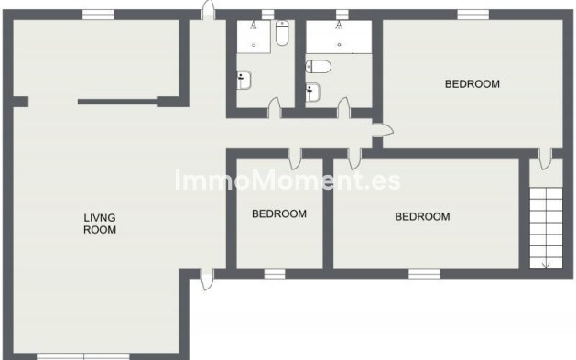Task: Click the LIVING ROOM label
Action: pos(100,224)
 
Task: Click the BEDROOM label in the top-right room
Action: pos(472,84)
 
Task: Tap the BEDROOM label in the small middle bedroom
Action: pos(278,213)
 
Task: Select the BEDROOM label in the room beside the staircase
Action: pos(422,217)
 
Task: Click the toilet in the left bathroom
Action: pos(282,35)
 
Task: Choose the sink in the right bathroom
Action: pos(313,91)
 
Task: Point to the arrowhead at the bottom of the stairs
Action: pos(545,266)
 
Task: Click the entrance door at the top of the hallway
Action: pos(209,10)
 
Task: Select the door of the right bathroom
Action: pos(343,109)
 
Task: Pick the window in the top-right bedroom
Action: pos(473,14)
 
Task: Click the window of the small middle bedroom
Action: pos(275,273)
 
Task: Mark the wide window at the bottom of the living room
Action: pos(83,356)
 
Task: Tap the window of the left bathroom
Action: pos(267,14)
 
